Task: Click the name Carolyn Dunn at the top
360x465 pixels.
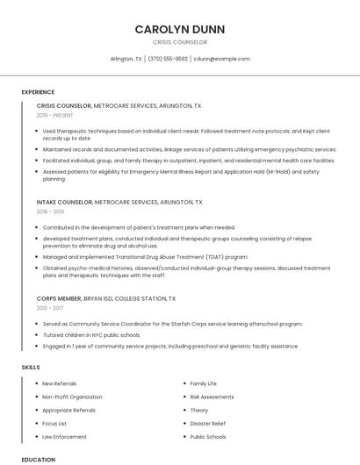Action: [x=180, y=29]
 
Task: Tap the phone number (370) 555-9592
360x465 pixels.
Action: [x=168, y=59]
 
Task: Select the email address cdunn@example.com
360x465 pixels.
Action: [x=222, y=59]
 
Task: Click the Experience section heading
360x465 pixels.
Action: [x=38, y=92]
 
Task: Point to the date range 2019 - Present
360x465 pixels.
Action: [x=55, y=115]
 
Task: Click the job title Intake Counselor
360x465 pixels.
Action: [x=64, y=202]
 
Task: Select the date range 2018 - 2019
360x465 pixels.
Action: [x=50, y=211]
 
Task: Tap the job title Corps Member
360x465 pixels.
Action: [x=59, y=298]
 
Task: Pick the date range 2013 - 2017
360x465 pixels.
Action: [x=50, y=308]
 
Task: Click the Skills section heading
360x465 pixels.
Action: [x=31, y=367]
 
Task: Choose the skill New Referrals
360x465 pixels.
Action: [x=60, y=383]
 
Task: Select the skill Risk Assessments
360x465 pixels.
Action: [x=212, y=397]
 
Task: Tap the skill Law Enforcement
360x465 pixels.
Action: [x=65, y=436]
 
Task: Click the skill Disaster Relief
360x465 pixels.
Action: [x=208, y=423]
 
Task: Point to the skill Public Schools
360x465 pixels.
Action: [x=208, y=436]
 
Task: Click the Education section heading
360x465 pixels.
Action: [x=39, y=459]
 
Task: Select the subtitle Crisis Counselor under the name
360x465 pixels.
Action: [x=180, y=42]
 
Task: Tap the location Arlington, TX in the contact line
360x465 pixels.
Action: [x=126, y=59]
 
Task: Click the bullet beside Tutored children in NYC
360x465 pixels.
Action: [x=37, y=334]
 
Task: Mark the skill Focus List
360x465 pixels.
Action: [x=54, y=423]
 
